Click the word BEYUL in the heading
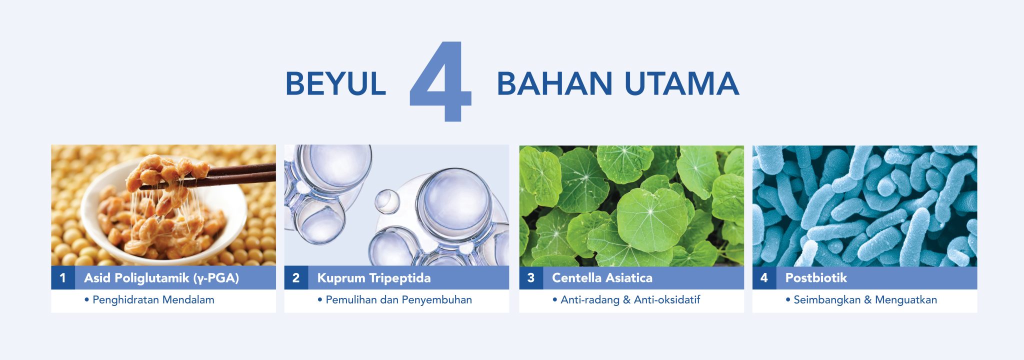335,83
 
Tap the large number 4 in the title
440,81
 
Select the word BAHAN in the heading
554,83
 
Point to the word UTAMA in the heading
682,83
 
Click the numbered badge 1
63,277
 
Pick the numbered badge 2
296,277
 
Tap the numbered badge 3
531,277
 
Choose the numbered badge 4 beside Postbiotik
764,277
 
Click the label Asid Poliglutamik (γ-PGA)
161,278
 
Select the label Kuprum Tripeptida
374,278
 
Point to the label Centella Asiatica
602,277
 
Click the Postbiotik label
816,277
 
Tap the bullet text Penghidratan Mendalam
153,300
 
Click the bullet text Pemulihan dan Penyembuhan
398,300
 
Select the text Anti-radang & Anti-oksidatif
630,299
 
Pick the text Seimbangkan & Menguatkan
865,300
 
